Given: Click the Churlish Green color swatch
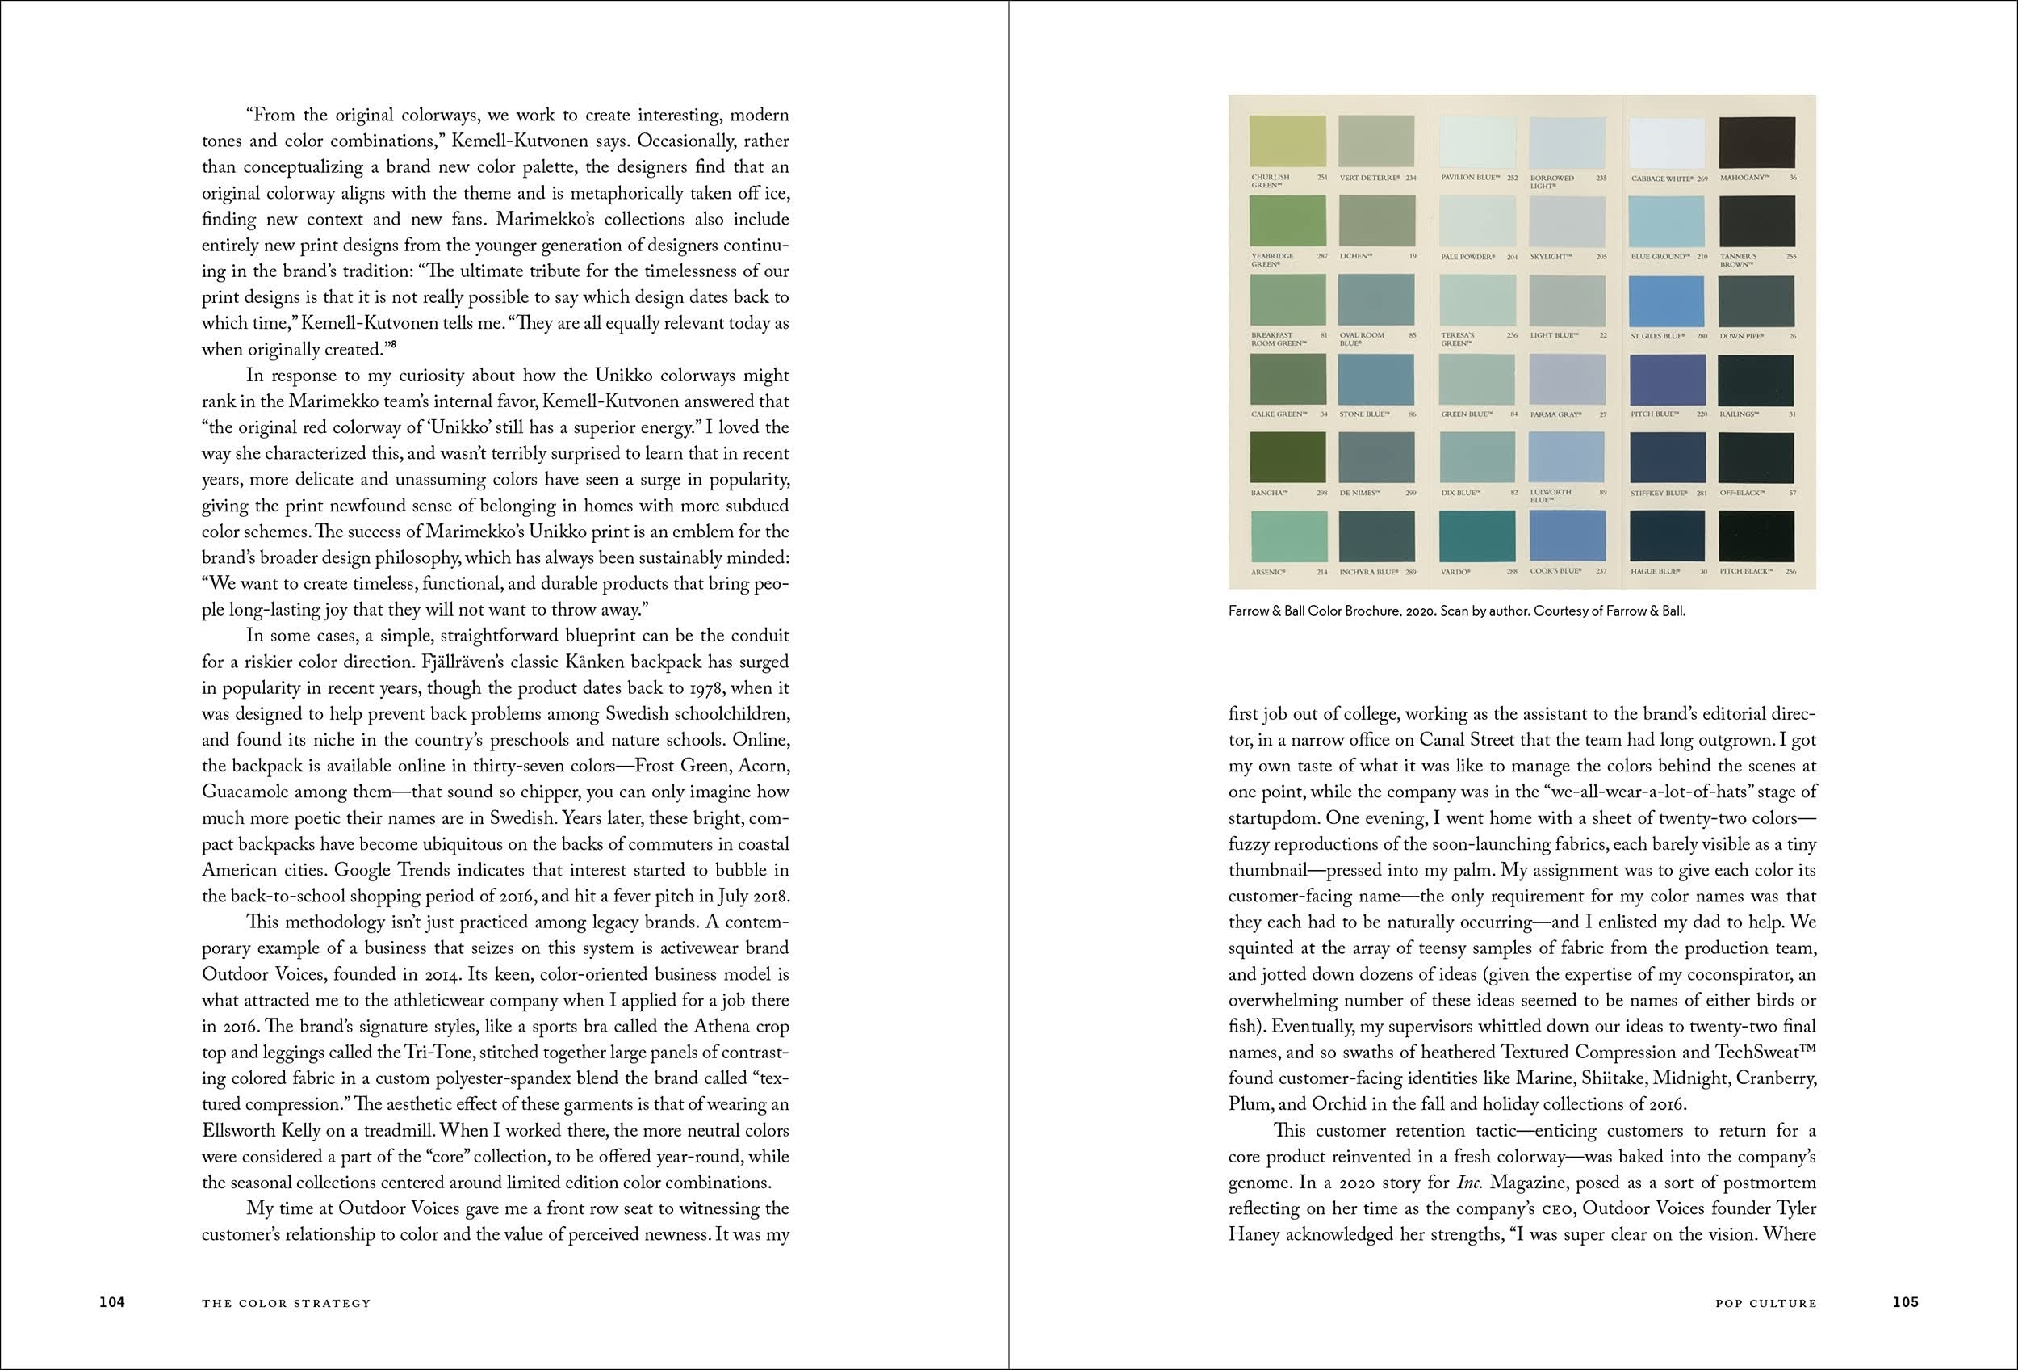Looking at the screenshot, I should coord(1287,141).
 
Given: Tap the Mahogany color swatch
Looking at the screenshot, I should coord(1756,141).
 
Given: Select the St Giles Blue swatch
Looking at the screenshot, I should coord(1666,301).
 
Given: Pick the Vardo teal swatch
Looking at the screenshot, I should coord(1477,537).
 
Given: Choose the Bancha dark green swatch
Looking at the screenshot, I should coord(1287,457).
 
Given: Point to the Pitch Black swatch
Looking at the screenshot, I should coord(1756,537).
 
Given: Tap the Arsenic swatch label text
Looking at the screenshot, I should coord(1269,572).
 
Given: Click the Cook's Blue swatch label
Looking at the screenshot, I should coord(1555,571).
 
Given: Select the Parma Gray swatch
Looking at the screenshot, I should coord(1568,380).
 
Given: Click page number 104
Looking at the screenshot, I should coord(112,1301).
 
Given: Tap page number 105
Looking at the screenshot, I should coord(1905,1301).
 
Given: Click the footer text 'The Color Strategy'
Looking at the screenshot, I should coord(286,1302).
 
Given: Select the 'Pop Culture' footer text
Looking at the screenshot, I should coord(1765,1302).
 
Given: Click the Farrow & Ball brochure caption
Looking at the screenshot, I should coord(1456,611).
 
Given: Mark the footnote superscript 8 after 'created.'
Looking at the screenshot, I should coord(393,346).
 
